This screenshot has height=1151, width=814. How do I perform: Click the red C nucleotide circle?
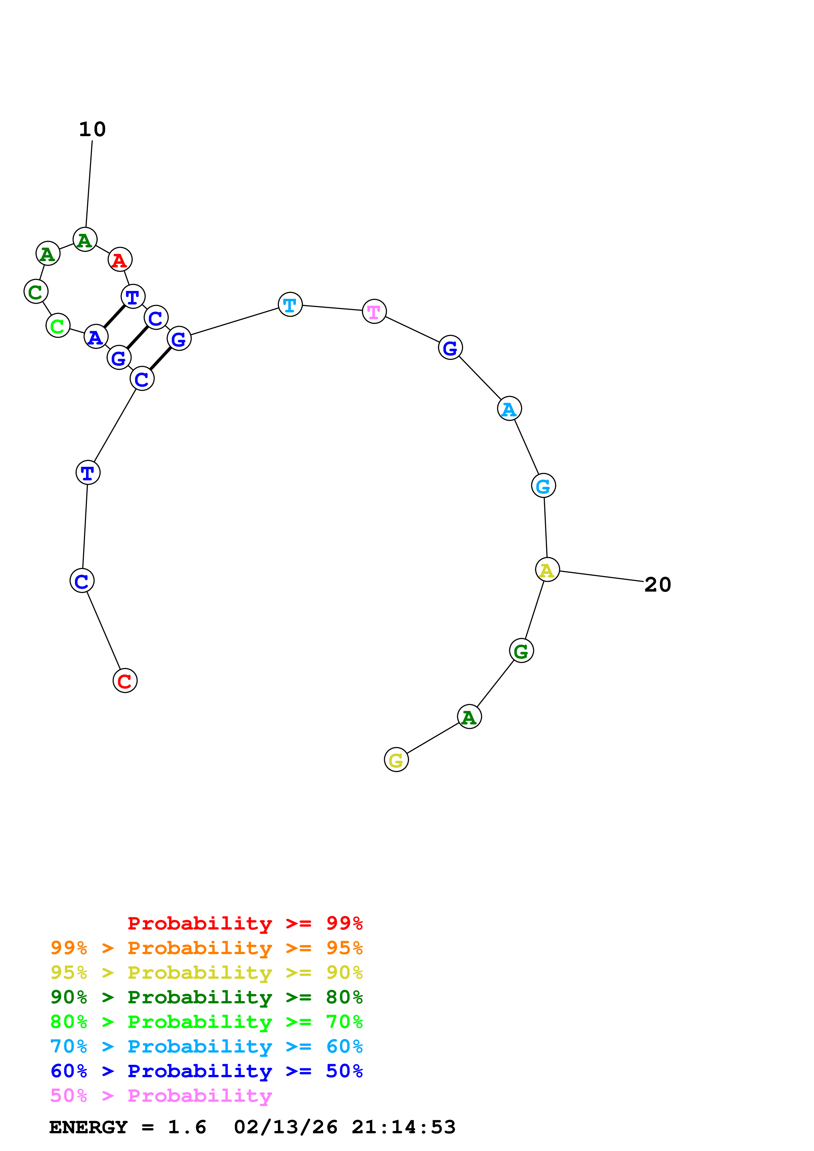click(125, 681)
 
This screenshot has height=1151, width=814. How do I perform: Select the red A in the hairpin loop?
click(120, 260)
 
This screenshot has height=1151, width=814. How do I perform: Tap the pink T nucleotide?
click(374, 311)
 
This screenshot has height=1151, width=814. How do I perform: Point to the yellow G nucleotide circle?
click(396, 760)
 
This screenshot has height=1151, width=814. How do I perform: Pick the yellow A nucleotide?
click(547, 570)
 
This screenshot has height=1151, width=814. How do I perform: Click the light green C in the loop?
click(58, 326)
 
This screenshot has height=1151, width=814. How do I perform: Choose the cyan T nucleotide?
click(290, 304)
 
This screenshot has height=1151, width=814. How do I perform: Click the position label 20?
click(657, 585)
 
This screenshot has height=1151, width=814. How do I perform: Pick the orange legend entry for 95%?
click(207, 948)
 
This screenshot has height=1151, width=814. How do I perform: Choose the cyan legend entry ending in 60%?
click(207, 1047)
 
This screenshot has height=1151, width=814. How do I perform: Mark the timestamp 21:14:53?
click(404, 1127)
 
